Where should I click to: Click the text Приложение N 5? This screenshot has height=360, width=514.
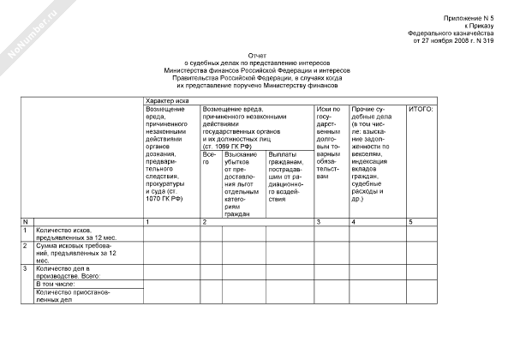tap(469, 17)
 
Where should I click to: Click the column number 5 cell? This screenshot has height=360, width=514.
tap(410, 222)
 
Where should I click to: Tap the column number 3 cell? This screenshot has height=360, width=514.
tap(319, 222)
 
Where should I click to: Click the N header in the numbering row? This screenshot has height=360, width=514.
tap(25, 222)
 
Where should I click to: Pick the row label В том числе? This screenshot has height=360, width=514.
tap(55, 284)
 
